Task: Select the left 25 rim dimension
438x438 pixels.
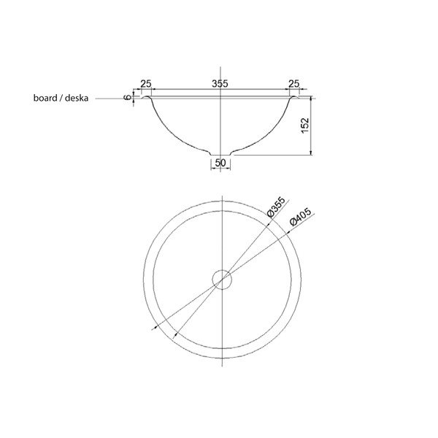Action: point(145,84)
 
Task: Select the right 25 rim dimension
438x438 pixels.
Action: point(295,84)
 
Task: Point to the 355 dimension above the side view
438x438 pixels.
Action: point(220,84)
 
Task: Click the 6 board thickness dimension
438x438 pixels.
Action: point(128,97)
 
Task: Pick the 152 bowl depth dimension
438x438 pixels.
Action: point(305,126)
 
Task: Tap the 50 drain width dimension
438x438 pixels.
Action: point(220,164)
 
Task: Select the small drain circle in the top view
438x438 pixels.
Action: point(220,278)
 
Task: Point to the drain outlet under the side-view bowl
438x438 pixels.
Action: point(220,153)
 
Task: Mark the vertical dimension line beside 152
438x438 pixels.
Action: point(312,126)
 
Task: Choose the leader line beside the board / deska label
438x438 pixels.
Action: point(109,98)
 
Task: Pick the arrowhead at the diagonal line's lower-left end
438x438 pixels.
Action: point(154,328)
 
